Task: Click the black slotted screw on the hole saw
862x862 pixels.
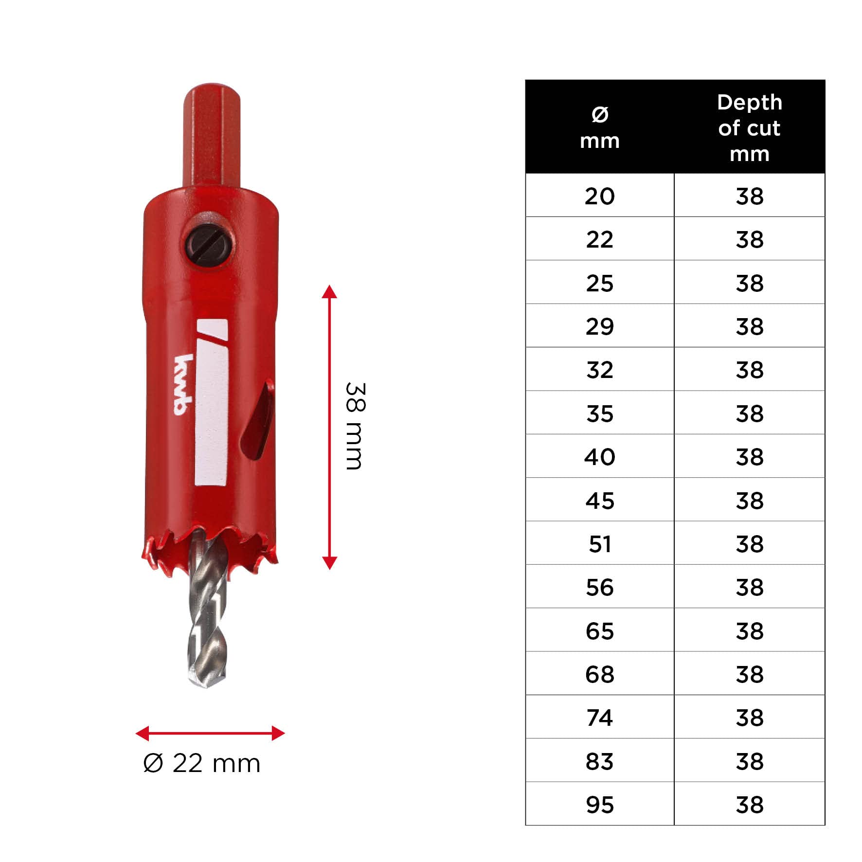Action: pos(210,246)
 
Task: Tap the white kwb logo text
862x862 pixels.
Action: pos(184,385)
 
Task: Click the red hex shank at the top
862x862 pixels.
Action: pos(212,136)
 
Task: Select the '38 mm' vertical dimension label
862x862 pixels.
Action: pos(355,426)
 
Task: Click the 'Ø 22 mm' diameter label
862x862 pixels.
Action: pos(202,763)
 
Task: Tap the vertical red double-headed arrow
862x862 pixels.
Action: pos(329,427)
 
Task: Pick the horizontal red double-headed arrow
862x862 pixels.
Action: pos(210,733)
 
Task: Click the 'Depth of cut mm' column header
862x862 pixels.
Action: pos(750,127)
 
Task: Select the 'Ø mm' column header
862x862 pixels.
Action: pos(600,127)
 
